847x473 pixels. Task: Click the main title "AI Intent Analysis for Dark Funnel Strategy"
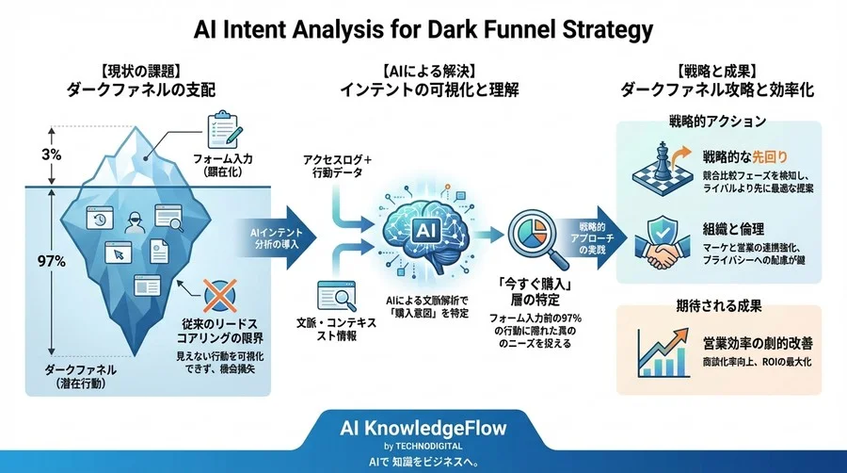(x=423, y=29)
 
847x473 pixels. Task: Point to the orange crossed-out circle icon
(x=218, y=294)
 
